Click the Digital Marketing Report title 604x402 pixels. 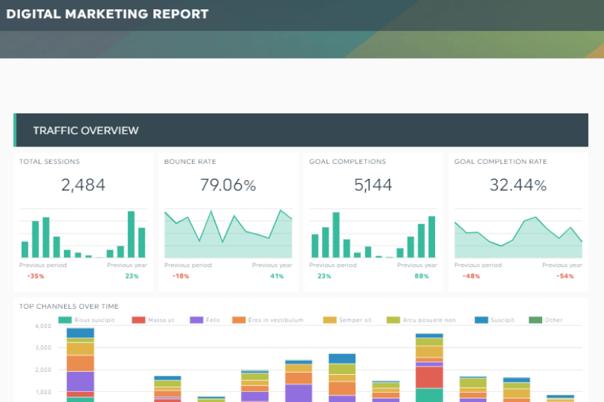click(107, 14)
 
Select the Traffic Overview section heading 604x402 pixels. click(86, 131)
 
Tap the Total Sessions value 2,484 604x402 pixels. click(83, 185)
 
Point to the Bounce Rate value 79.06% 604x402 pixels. click(228, 185)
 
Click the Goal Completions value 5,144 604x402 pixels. click(373, 185)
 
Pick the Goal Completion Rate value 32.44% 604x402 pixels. click(518, 185)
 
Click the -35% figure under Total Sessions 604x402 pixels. click(35, 276)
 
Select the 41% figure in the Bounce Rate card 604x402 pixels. click(277, 276)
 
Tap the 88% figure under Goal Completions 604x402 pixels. click(421, 276)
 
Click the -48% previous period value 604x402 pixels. click(471, 276)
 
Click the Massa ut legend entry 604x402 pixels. click(160, 320)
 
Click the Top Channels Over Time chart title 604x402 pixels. click(69, 307)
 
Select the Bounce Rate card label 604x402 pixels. click(190, 162)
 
